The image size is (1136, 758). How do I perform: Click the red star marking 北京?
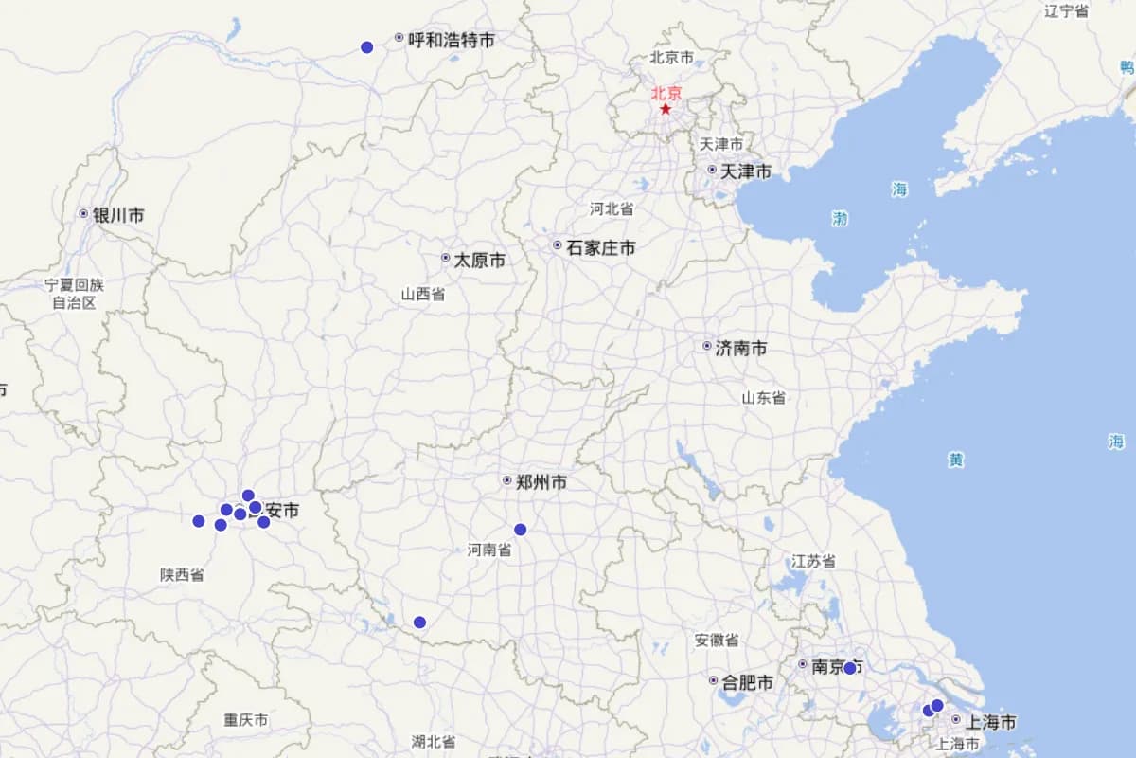click(x=666, y=109)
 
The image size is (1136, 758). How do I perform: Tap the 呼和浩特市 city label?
click(x=451, y=40)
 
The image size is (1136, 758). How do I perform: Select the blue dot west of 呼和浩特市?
click(x=367, y=47)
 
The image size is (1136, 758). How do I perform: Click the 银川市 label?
click(x=117, y=215)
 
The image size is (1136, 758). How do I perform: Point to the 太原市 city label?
click(x=479, y=260)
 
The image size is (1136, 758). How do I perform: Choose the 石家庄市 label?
click(x=600, y=247)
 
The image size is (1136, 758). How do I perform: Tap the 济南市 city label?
click(x=740, y=348)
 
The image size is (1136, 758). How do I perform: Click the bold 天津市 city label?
click(x=745, y=171)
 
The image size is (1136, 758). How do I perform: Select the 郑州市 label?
click(x=541, y=482)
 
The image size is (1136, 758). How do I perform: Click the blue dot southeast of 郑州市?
click(x=520, y=530)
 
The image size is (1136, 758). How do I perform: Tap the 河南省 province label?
click(x=489, y=550)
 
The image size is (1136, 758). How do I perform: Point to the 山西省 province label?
click(x=422, y=294)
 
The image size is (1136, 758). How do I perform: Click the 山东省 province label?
click(x=763, y=398)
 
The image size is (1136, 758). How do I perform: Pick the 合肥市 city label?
click(x=747, y=682)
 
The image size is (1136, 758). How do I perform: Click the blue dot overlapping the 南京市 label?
click(x=849, y=668)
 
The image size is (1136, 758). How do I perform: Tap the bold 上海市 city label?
click(x=990, y=722)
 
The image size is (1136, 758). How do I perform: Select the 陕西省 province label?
click(x=182, y=574)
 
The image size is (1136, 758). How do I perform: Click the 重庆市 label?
click(x=246, y=720)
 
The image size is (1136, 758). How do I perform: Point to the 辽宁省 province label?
click(x=1066, y=11)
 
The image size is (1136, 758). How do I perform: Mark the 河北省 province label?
click(x=612, y=208)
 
